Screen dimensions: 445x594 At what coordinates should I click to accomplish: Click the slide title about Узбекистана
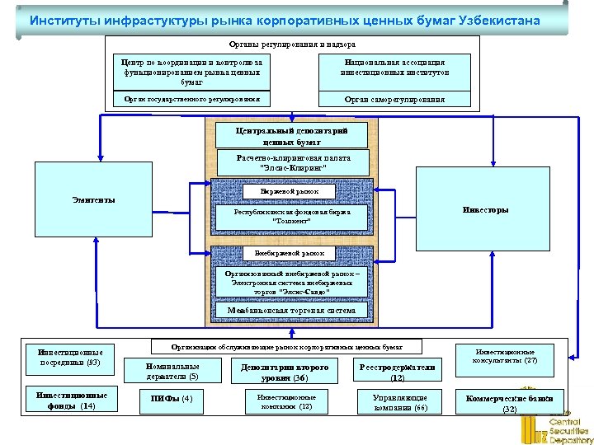[x=285, y=20]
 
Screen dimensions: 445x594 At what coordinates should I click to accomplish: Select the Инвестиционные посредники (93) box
[x=69, y=357]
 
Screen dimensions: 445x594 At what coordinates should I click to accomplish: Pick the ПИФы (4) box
[x=171, y=399]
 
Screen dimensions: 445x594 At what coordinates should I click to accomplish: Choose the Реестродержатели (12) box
[x=398, y=372]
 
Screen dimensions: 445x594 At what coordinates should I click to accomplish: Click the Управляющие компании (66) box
[x=398, y=401]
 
